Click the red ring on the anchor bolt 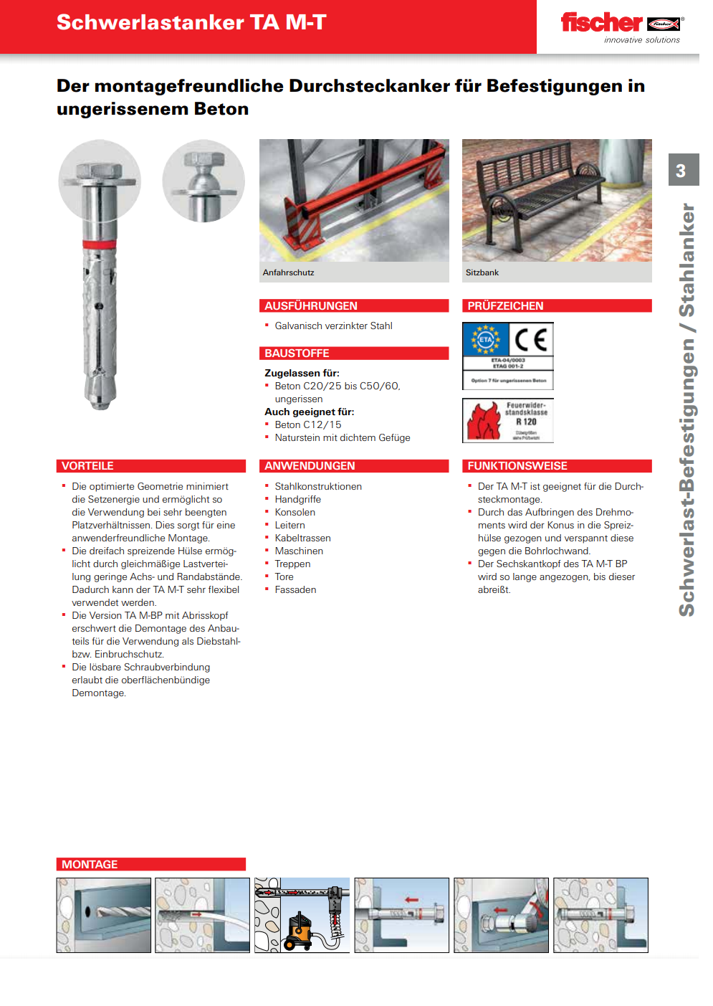[100, 245]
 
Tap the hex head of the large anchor [100, 172]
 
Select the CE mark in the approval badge [531, 339]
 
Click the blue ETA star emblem [486, 339]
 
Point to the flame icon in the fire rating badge [484, 422]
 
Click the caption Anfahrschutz [288, 272]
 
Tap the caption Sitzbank [482, 272]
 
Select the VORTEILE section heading [87, 466]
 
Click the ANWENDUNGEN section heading [310, 466]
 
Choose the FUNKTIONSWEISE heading [517, 466]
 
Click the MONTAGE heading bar [90, 865]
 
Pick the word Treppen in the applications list [292, 564]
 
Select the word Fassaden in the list [295, 589]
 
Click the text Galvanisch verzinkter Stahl [333, 326]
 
